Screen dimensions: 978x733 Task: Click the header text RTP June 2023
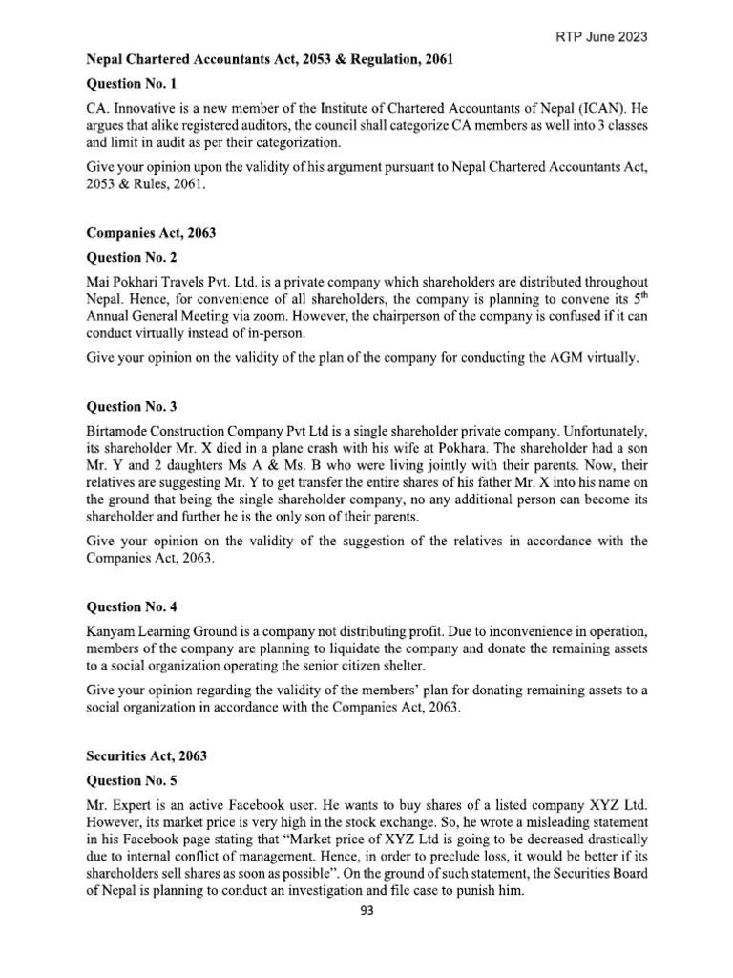tap(602, 36)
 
